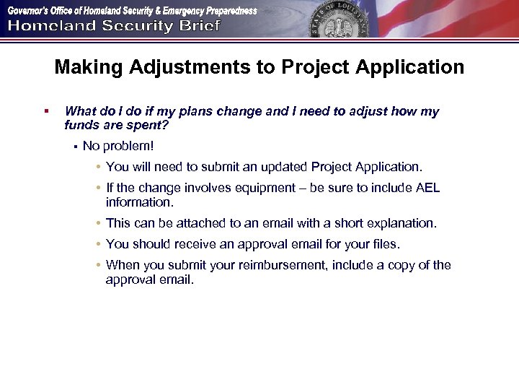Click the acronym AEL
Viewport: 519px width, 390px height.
427,188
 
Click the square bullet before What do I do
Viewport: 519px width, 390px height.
45,111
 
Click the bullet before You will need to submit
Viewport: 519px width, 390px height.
97,168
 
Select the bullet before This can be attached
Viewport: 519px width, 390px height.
97,224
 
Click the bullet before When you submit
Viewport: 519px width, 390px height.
97,265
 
